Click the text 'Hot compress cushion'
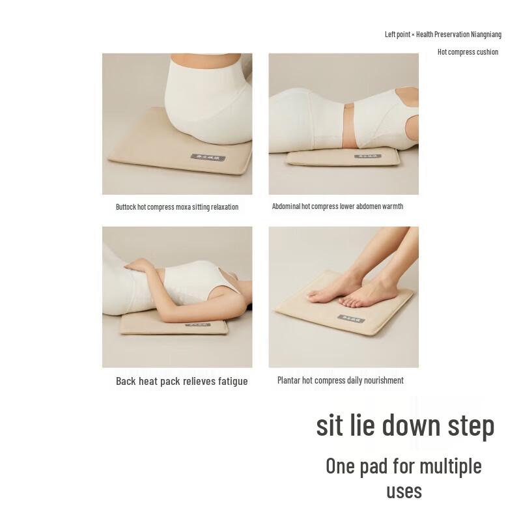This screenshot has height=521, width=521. click(468, 52)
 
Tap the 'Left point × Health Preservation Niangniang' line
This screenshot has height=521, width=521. click(443, 35)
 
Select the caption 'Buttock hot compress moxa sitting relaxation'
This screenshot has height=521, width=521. click(177, 207)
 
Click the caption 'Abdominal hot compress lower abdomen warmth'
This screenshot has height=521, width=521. click(337, 206)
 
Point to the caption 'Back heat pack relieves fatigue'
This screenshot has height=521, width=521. click(182, 382)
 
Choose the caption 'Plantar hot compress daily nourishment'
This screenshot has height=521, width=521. click(340, 380)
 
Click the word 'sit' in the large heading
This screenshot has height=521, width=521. click(329, 426)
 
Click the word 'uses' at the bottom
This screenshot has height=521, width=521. click(404, 491)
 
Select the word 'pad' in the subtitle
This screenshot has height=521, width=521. click(373, 467)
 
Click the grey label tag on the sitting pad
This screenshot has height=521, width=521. click(208, 157)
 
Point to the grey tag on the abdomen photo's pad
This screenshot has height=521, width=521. click(367, 156)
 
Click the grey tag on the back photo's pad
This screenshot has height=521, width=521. click(197, 324)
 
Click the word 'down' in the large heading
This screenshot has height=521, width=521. click(410, 426)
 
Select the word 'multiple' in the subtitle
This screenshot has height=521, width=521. click(451, 466)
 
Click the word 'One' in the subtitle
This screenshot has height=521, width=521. click(340, 466)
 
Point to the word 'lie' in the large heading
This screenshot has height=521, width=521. click(361, 426)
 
